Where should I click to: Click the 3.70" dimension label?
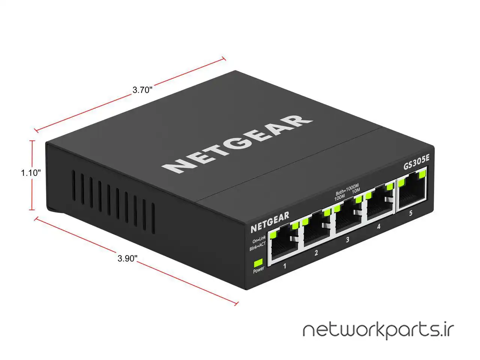pos(142,90)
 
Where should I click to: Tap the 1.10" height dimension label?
pos(31,173)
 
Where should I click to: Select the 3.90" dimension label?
pos(127,258)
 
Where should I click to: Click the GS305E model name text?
pos(416,162)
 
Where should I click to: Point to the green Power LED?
pos(258,263)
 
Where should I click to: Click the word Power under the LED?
pos(259,270)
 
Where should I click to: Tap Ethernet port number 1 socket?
pos(283,245)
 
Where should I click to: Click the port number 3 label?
pos(348,240)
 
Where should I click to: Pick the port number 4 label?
pos(378,226)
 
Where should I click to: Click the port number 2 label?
pos(316,253)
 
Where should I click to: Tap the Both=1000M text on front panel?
pos(347,189)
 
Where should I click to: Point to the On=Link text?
pos(259,239)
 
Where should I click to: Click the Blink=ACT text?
pos(258,246)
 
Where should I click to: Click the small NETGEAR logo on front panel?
pos(270,222)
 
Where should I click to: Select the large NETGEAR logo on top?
pos(237,144)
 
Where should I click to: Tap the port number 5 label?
pos(411,213)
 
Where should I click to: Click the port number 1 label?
pos(285,266)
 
